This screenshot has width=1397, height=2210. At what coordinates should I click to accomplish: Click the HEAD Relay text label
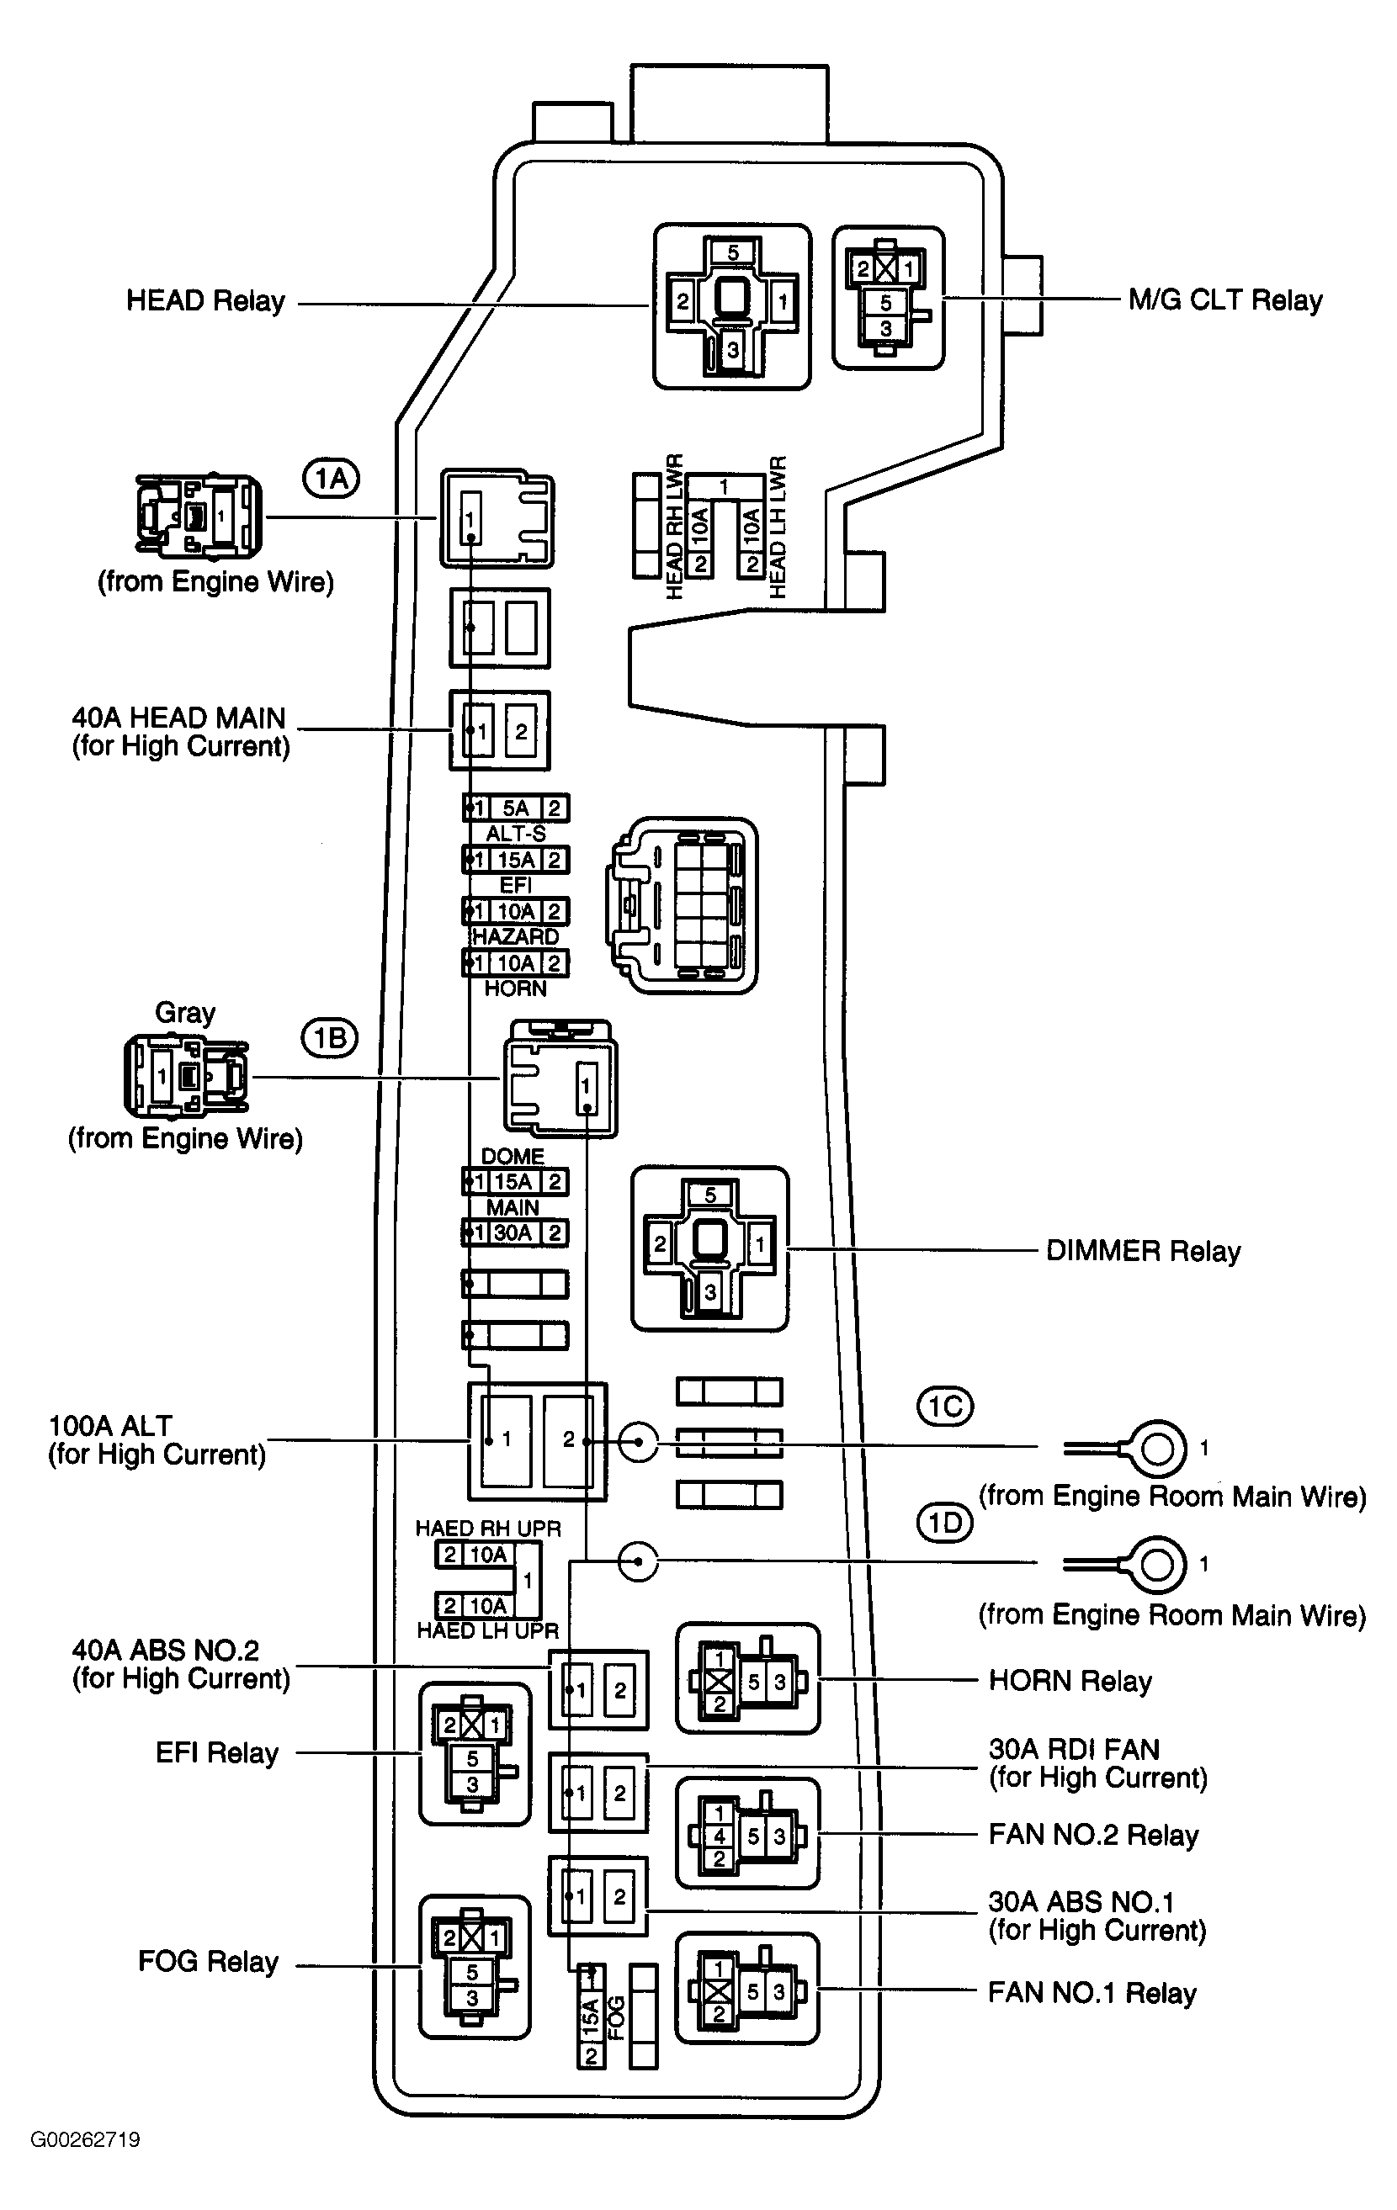click(205, 301)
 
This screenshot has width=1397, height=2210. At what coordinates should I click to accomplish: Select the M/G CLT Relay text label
click(1224, 301)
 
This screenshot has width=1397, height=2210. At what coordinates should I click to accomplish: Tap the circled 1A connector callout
click(332, 479)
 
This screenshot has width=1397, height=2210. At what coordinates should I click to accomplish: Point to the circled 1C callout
click(945, 1407)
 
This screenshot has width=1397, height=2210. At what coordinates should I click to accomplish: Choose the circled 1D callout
click(945, 1524)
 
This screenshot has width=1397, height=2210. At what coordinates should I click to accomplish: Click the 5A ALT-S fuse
click(516, 808)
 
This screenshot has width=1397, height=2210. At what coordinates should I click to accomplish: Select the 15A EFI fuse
click(516, 860)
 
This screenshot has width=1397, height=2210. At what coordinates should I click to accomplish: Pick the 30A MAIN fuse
click(514, 1232)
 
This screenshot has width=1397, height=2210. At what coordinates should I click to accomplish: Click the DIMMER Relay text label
click(1143, 1251)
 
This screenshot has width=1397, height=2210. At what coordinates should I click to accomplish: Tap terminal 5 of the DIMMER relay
click(710, 1195)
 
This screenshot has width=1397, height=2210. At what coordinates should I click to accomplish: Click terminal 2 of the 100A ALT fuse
click(568, 1440)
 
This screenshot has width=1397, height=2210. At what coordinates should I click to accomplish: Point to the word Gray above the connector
click(184, 1012)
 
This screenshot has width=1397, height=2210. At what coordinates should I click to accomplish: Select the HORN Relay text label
click(1070, 1682)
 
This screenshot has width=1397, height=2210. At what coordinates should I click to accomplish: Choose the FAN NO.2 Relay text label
click(1093, 1835)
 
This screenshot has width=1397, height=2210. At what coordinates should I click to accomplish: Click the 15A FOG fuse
click(591, 2017)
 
